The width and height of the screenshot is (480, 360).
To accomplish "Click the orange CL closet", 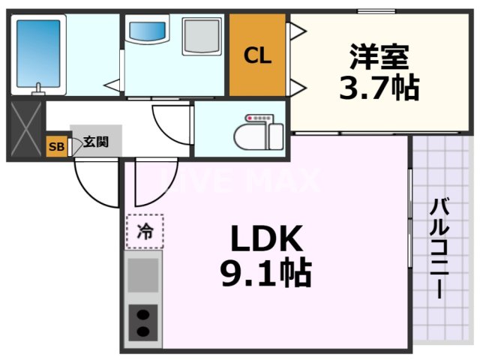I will click(x=257, y=55).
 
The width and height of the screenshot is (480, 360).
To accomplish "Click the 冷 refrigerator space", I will click(x=145, y=232).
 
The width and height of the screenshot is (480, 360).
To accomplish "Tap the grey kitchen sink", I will click(x=143, y=274).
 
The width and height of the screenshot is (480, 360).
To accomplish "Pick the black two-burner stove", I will click(x=143, y=323).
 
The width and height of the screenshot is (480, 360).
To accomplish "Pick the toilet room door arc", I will click(x=171, y=120).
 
